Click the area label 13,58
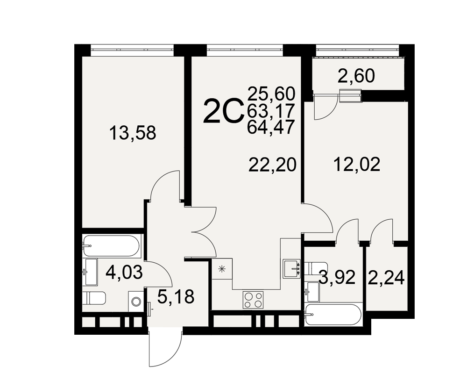pyautogui.click(x=133, y=133)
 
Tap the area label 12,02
pyautogui.click(x=357, y=165)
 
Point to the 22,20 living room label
pyautogui.click(x=273, y=165)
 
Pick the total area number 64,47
pyautogui.click(x=271, y=127)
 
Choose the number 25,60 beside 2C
pyautogui.click(x=271, y=93)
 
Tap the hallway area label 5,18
pyautogui.click(x=176, y=297)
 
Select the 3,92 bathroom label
pyautogui.click(x=337, y=278)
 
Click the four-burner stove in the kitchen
pyautogui.click(x=254, y=300)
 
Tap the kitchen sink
pyautogui.click(x=292, y=268)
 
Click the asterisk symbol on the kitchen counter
pyautogui.click(x=221, y=269)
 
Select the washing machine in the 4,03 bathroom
pyautogui.click(x=136, y=301)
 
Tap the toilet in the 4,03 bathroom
pyautogui.click(x=94, y=298)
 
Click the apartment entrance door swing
pyautogui.click(x=166, y=347)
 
